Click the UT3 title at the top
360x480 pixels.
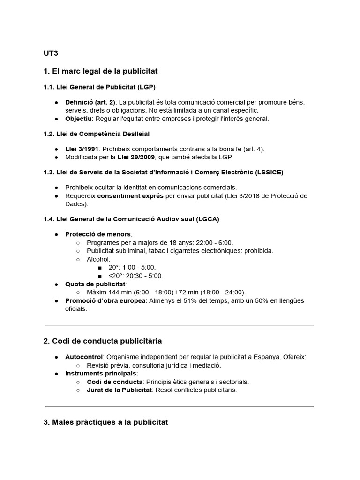51,53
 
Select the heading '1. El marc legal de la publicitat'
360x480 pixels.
100,71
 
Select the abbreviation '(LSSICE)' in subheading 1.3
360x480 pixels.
269,172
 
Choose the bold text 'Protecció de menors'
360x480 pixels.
98,234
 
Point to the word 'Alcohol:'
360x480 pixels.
98,259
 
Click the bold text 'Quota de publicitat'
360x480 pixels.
96,284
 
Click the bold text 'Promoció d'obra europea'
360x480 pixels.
105,300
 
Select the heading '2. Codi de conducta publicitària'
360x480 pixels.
102,341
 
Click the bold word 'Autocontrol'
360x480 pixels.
83,357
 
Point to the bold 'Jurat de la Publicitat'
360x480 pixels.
119,390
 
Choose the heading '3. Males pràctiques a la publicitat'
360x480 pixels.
105,422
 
